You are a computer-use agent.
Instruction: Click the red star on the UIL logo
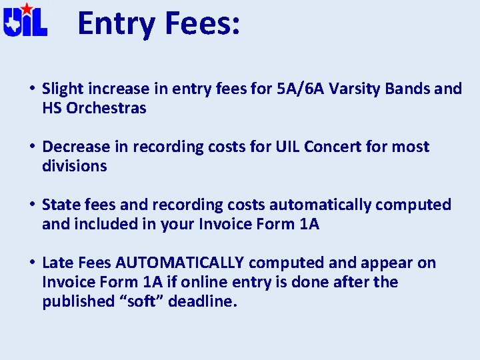point(26,9)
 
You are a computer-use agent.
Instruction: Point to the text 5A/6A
point(299,89)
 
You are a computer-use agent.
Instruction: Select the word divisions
point(74,166)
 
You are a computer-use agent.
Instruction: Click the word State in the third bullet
point(60,205)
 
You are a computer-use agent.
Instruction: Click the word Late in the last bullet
point(57,263)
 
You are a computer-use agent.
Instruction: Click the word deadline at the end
point(203,301)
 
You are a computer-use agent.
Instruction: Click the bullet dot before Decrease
point(32,147)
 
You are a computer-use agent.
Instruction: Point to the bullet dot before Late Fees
point(32,263)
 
